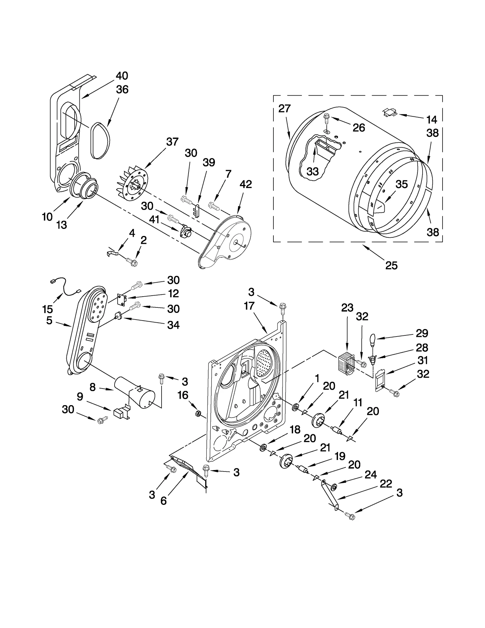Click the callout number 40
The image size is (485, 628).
122,76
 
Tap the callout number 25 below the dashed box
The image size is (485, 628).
391,266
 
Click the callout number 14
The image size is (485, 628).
432,120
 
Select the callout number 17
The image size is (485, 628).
249,306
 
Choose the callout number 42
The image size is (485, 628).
246,184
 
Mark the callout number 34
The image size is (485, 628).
173,325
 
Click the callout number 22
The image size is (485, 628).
386,484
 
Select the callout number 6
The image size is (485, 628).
163,501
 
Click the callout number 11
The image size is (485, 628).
358,403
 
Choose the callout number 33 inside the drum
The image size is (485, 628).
313,171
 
